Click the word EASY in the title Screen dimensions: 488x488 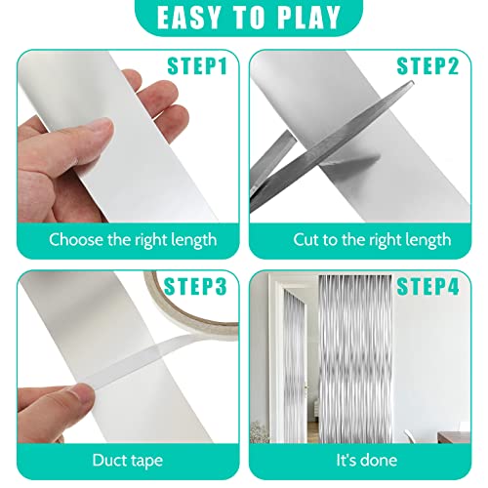tap(188, 17)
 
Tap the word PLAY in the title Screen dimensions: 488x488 tap(309, 17)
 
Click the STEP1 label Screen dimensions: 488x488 tap(197, 66)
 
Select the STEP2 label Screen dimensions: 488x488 tap(427, 66)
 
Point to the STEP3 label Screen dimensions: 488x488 tap(195, 287)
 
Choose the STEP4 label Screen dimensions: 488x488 tap(427, 287)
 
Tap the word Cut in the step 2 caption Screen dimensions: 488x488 tap(305, 240)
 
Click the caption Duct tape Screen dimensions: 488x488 tap(127, 461)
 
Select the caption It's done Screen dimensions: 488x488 tap(367, 461)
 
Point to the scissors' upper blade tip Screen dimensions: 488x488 tap(413, 82)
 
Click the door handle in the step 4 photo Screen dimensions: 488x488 tap(305, 387)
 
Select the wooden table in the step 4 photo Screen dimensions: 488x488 tap(454, 437)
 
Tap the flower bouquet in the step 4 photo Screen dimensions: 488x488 tap(260, 431)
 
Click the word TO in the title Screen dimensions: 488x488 tap(250, 17)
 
